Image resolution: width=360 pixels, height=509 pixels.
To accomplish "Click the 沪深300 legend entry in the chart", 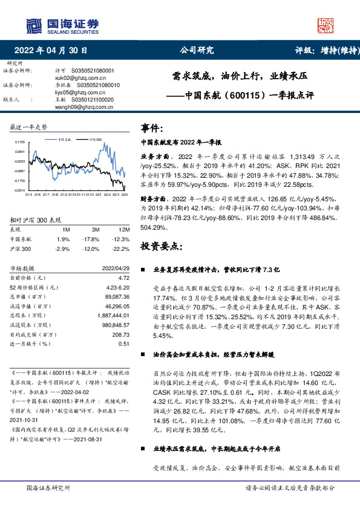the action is (x=96, y=138).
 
